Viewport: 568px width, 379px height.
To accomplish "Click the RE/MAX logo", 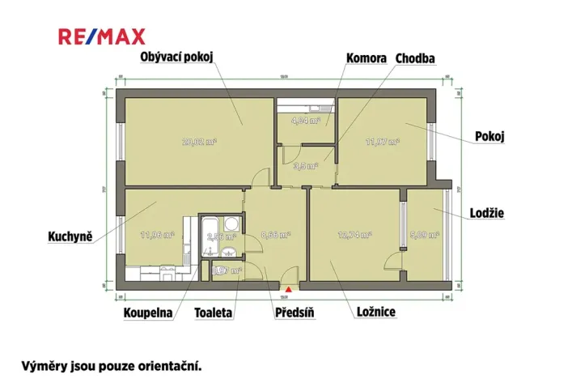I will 101,36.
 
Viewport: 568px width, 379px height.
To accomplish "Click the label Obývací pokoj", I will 176,57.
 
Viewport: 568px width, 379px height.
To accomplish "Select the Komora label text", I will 365,58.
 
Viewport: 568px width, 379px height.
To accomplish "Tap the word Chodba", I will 415,58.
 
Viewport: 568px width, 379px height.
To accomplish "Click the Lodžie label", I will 487,213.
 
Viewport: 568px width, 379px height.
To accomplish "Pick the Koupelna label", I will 148,313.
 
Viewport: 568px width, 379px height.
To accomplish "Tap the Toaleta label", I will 214,313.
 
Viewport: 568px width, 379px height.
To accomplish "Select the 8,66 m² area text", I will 276,236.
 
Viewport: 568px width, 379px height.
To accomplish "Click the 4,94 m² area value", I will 306,121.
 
